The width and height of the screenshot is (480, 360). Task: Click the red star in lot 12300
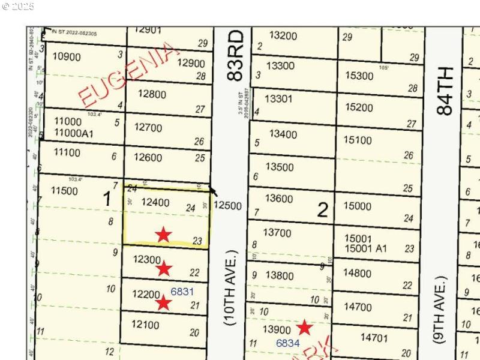[164, 268]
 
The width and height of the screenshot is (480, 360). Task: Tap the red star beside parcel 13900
[305, 327]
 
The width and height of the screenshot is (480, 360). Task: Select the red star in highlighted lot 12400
[163, 235]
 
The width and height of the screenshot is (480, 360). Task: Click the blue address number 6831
[182, 292]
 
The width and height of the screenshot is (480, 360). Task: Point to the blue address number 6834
[287, 343]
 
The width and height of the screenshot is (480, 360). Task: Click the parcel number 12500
[227, 206]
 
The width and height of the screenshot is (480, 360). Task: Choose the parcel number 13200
[283, 35]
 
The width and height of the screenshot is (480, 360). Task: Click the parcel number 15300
[359, 76]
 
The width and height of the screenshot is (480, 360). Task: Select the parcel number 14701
[374, 338]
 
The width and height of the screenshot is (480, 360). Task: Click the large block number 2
[323, 210]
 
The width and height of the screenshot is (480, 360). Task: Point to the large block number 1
[107, 199]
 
